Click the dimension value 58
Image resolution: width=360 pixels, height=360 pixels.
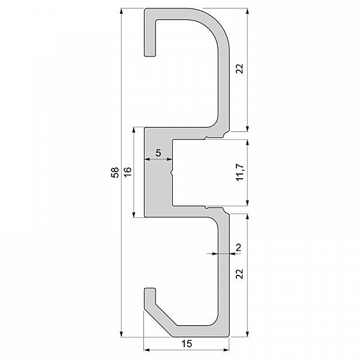tap(115, 172)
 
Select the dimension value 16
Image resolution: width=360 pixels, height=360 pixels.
tap(128, 172)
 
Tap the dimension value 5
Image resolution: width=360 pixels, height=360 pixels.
tap(158, 152)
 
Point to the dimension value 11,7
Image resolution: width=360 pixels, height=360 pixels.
tap(240, 172)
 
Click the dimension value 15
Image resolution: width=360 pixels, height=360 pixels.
tap(187, 344)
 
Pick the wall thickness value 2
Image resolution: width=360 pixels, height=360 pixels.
tap(239, 248)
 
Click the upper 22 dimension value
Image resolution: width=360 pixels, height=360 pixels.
tap(239, 68)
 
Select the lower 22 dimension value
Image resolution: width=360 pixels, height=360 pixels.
tap(239, 274)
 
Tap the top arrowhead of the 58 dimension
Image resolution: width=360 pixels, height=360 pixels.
tap(122, 11)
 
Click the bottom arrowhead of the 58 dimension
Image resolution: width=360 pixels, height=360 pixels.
tap(122, 334)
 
